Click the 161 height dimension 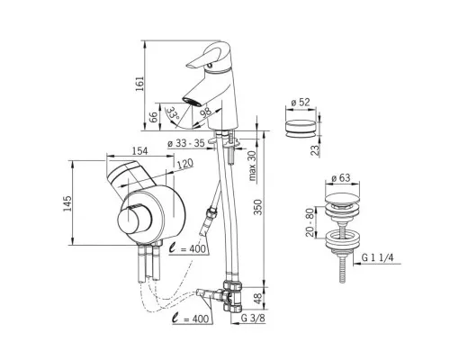(x=139, y=84)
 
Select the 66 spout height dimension (x=153, y=117)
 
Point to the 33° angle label (x=173, y=113)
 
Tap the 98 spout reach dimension (x=206, y=112)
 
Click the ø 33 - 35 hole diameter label (x=186, y=143)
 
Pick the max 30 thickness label (x=253, y=166)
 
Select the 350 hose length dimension (x=258, y=207)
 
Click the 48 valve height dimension (x=258, y=299)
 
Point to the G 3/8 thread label (x=254, y=319)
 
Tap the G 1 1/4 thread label (x=377, y=257)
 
